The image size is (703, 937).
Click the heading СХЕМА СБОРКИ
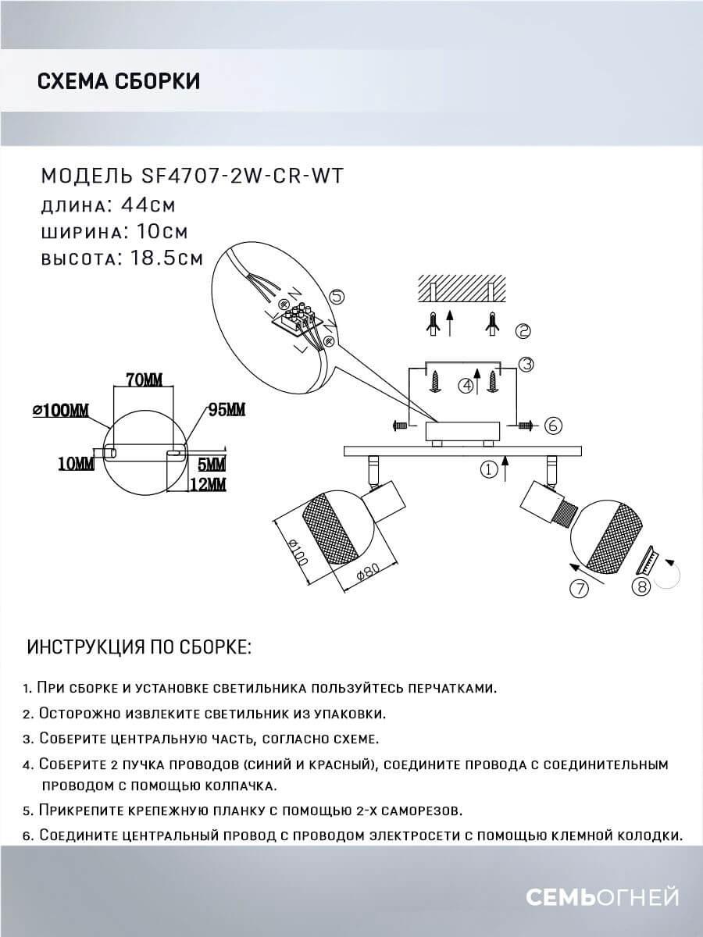[118, 81]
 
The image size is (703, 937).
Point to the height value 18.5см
[162, 258]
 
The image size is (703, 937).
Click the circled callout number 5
[337, 297]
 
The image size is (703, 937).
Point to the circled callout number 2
[523, 331]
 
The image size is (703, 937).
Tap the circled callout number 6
[551, 426]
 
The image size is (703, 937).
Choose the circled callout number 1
[488, 470]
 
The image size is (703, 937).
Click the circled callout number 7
[579, 590]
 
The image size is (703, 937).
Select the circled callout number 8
[641, 588]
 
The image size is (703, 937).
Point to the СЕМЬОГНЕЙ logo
[601, 898]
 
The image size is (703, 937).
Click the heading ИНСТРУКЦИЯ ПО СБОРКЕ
[139, 648]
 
